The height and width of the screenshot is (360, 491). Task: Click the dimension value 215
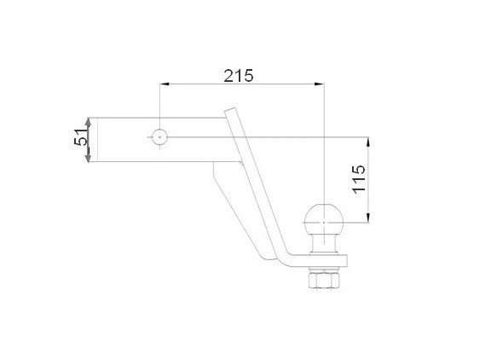(239, 76)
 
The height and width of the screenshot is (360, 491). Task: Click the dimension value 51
(81, 136)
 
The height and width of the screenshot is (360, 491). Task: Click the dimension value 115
(359, 179)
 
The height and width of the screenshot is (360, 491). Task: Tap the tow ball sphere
(324, 219)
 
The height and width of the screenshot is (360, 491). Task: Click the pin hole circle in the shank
(159, 137)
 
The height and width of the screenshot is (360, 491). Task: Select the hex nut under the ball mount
(324, 280)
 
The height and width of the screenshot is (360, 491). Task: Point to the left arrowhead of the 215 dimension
(165, 84)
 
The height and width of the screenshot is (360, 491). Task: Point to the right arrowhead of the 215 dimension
(320, 84)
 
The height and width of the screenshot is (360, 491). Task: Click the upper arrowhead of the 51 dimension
(89, 123)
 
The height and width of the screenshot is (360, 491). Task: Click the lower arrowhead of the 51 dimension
(89, 157)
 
